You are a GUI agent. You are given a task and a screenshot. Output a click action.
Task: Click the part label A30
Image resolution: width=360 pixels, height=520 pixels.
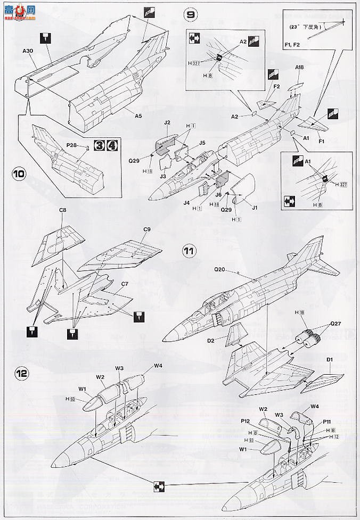coord(28,51)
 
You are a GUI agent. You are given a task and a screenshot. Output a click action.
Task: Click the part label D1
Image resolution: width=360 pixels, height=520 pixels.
coord(329,359)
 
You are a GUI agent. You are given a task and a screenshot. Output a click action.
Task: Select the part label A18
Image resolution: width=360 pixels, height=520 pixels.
coord(300,68)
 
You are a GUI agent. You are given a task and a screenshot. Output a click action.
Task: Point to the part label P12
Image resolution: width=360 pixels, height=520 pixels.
coord(246,421)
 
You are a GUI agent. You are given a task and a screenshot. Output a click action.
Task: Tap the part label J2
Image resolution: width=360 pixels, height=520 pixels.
coord(167,122)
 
